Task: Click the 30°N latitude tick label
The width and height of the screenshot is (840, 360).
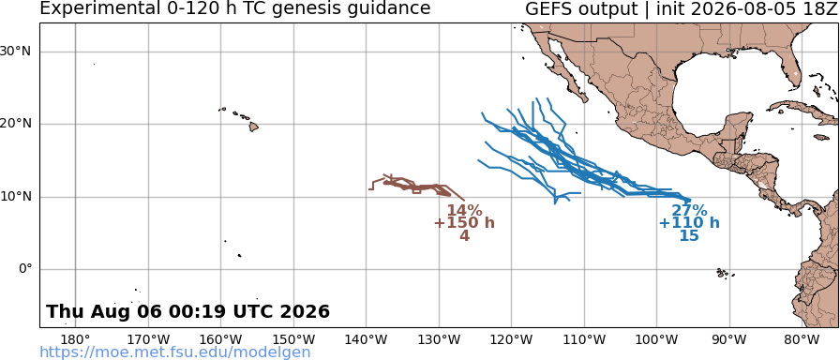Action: [x=16, y=52]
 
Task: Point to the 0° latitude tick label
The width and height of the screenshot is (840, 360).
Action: [x=25, y=269]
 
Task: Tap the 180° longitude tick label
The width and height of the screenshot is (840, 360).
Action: [x=76, y=340]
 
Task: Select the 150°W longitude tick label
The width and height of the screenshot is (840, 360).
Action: [x=293, y=340]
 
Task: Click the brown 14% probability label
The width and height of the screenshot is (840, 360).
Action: [x=464, y=211]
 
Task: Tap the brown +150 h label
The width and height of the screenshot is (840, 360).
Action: [x=464, y=223]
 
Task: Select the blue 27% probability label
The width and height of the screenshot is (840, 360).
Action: [x=689, y=211]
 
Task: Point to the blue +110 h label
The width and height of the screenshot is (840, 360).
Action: [x=689, y=223]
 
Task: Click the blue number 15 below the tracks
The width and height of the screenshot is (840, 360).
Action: [x=689, y=235]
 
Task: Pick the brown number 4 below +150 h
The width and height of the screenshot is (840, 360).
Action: [x=464, y=235]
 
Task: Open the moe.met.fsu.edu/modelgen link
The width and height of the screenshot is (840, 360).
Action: [x=175, y=352]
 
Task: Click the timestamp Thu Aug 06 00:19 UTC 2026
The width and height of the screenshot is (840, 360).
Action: [x=188, y=311]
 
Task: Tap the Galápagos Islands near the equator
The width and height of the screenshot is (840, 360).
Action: [x=725, y=274]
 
